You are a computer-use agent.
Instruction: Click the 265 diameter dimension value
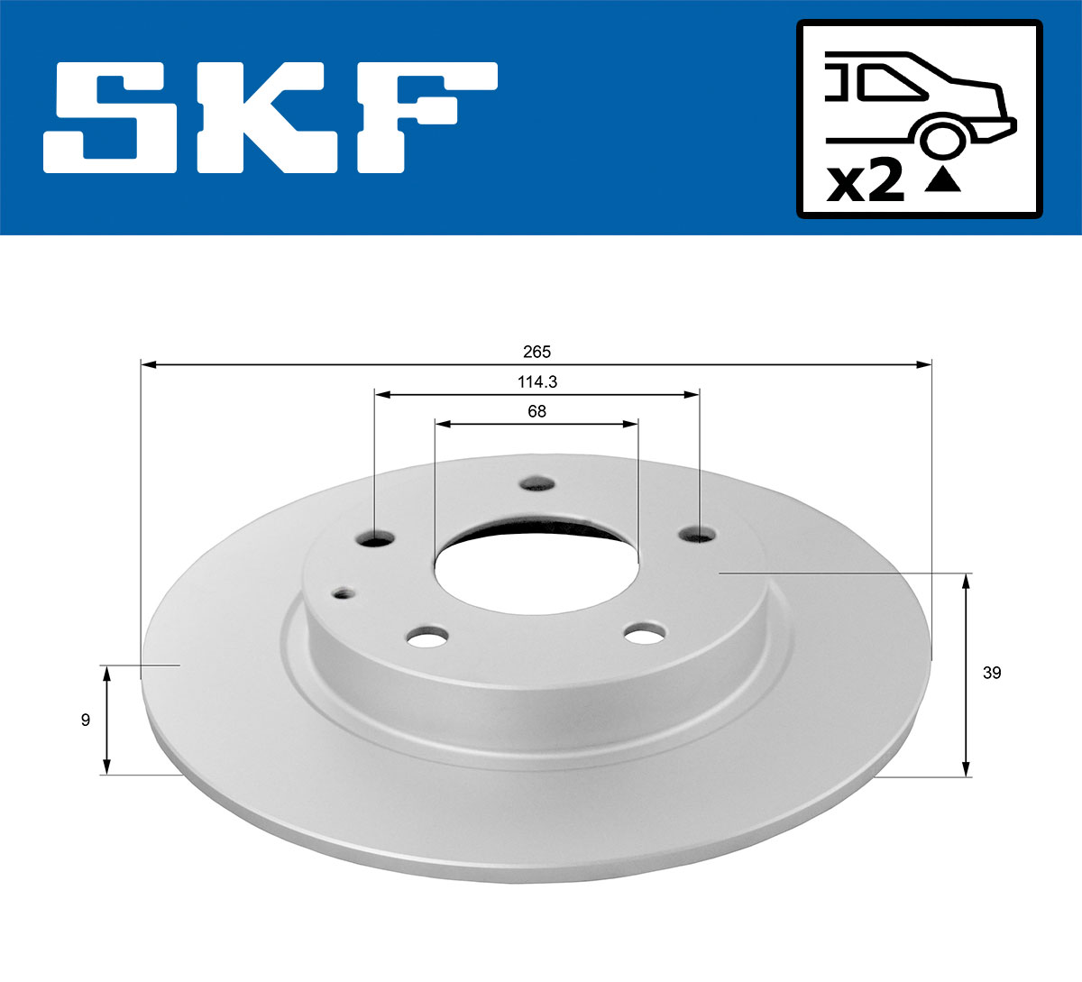click(536, 352)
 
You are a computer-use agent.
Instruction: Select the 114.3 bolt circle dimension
click(537, 381)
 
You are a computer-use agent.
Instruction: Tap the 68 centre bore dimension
click(536, 411)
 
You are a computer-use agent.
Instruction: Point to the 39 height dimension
click(992, 673)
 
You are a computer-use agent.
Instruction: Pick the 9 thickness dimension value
click(86, 720)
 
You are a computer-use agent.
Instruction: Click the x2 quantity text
click(866, 182)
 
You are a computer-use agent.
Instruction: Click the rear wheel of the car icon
click(940, 139)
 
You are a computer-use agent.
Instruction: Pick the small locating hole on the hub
click(344, 592)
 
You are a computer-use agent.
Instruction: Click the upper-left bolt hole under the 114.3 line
click(376, 537)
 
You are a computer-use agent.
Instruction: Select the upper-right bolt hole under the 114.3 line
click(697, 534)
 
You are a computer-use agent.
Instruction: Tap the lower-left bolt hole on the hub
click(426, 638)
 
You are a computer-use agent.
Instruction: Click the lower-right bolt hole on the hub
click(645, 634)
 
